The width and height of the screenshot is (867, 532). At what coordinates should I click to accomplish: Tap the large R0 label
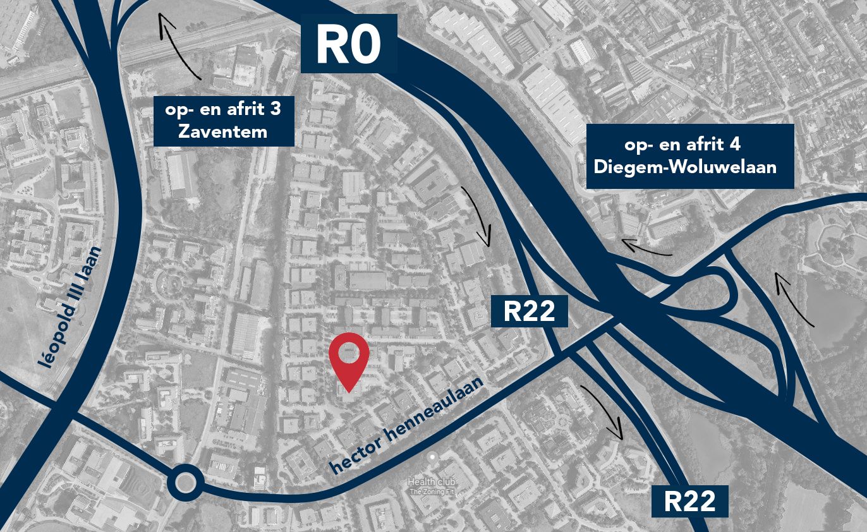tap(348, 44)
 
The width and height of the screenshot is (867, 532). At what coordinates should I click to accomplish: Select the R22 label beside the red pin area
tap(529, 311)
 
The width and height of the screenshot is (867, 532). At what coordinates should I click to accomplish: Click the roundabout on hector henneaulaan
tap(185, 483)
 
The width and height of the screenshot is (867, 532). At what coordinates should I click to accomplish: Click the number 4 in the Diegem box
tap(736, 144)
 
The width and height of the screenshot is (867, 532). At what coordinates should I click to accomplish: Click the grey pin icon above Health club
tap(432, 456)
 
